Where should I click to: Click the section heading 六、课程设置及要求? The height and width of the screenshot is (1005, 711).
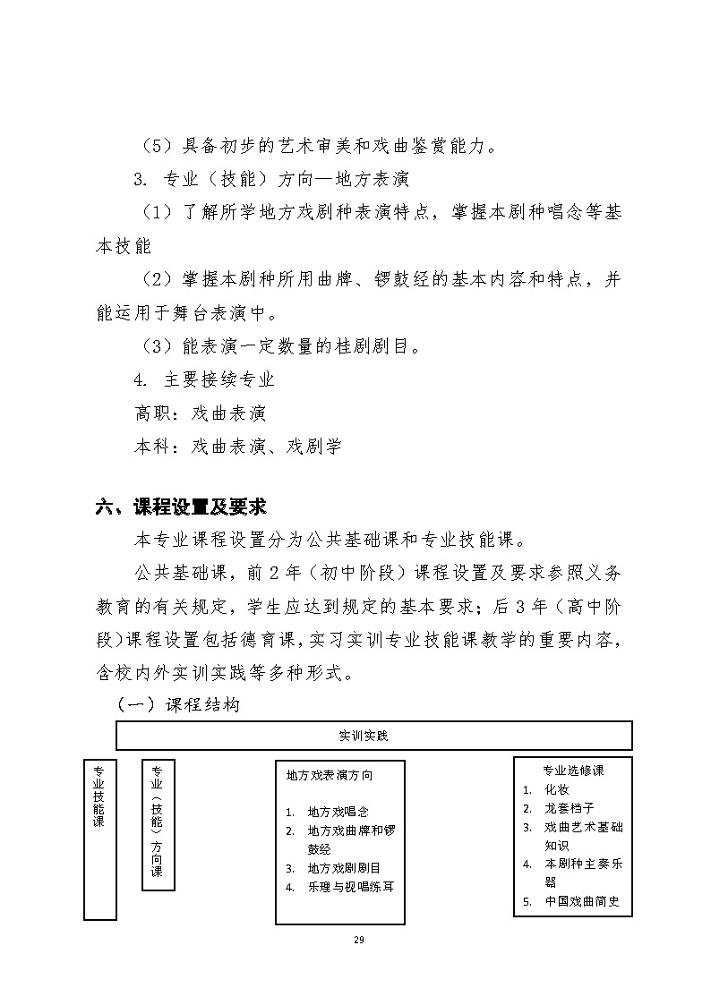click(181, 507)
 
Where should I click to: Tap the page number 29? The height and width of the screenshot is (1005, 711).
click(359, 940)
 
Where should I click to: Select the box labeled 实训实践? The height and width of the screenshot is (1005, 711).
click(374, 736)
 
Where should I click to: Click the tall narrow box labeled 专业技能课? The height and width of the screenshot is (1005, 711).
click(99, 839)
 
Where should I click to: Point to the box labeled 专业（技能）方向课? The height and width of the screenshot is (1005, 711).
click(158, 823)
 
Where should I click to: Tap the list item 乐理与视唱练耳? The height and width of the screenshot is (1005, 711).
click(350, 887)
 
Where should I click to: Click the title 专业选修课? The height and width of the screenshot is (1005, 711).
click(573, 771)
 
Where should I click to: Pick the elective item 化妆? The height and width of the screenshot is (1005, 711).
click(557, 789)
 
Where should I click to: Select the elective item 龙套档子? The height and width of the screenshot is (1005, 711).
click(570, 808)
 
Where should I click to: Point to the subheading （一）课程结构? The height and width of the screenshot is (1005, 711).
click(179, 705)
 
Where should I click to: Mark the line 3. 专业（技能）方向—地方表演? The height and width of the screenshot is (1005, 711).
click(270, 179)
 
